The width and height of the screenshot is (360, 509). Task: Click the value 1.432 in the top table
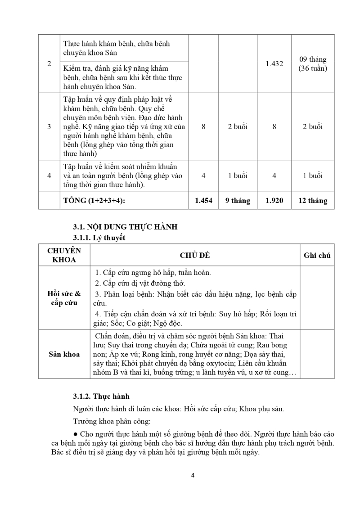coord(274,64)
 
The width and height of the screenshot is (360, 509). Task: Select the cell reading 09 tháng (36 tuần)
coord(313,64)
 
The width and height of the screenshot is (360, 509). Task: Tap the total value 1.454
coord(203,201)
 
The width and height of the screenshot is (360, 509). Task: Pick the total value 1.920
coord(274,201)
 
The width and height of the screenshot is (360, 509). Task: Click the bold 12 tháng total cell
coord(313,201)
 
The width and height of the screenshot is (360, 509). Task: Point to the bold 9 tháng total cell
coord(238,201)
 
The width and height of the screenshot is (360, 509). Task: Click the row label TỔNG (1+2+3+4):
coord(94,201)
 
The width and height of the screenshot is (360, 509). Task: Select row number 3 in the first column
coord(49,126)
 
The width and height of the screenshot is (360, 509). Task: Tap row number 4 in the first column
coord(49,176)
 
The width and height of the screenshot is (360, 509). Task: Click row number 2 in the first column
coord(49,64)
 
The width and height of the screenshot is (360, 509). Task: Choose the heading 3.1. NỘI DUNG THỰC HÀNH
coord(125,227)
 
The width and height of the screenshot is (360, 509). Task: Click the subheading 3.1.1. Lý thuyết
coord(99,237)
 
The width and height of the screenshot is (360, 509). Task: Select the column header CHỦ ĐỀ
coord(195,255)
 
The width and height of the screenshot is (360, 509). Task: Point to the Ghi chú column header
coord(317,255)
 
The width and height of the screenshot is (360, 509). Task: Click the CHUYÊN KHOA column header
coord(64,255)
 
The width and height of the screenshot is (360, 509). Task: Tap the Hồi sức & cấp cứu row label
coord(64,298)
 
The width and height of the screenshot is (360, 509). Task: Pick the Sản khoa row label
coord(64,354)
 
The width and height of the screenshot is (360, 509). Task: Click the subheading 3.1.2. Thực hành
coord(101,396)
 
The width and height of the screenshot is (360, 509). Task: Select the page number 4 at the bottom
coord(193,475)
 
